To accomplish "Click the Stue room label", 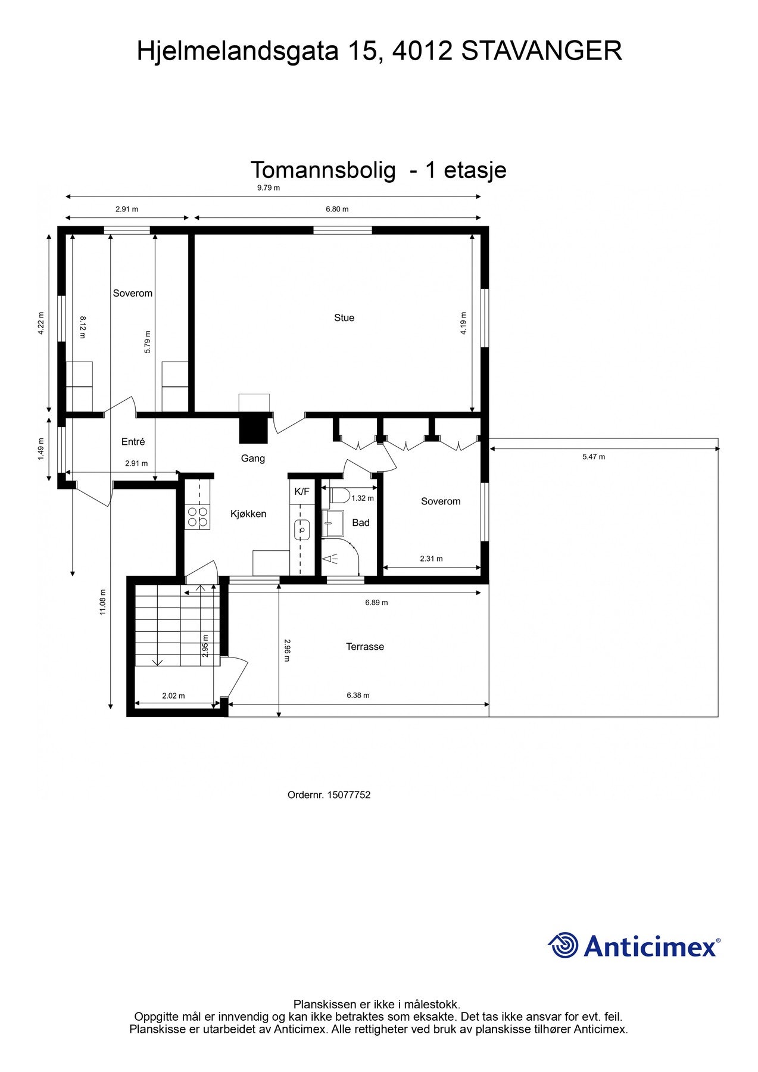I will tap(344, 318).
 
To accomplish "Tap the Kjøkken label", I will tap(248, 514).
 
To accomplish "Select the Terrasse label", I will tap(365, 647).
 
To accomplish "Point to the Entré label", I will tap(133, 442).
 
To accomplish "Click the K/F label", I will tap(302, 492).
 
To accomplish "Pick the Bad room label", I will tap(361, 523).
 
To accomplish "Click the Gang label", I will tap(252, 459).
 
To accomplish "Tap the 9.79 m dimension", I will tap(269, 188).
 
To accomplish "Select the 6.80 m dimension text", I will tap(337, 209).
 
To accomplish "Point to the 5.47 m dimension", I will tap(593, 457).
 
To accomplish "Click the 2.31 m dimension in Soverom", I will tap(431, 559).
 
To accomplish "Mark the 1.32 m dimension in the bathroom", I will tap(362, 498).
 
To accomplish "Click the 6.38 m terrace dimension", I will tap(358, 695).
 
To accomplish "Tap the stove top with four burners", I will tap(198, 517).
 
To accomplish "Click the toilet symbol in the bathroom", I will tap(339, 496).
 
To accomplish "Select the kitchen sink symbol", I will tap(302, 529).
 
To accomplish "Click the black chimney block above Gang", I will tap(253, 429).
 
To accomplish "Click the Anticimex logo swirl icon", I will tap(563, 945).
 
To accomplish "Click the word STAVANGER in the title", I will tap(541, 51).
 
